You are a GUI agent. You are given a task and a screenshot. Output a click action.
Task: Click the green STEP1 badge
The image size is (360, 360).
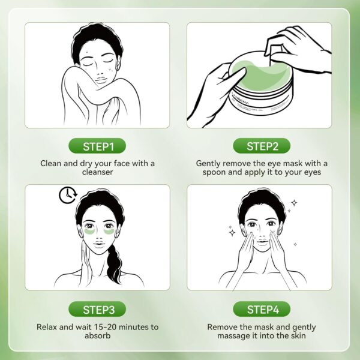(x=97, y=146)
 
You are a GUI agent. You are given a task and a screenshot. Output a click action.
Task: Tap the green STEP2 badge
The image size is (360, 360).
(x=260, y=146)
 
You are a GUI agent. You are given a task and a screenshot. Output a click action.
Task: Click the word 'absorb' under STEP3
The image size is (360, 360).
(x=97, y=337)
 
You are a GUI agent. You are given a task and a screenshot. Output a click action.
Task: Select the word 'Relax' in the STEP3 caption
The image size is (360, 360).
(x=46, y=327)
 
